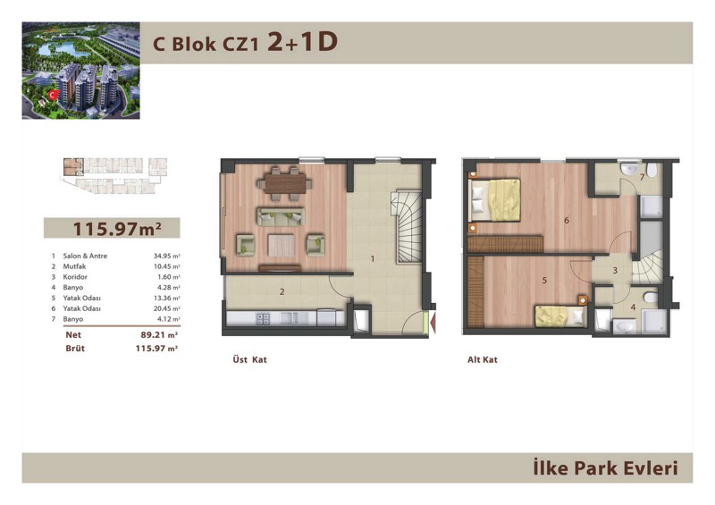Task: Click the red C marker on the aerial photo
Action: [54, 95]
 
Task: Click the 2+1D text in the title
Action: [302, 42]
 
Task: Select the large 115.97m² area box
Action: [112, 228]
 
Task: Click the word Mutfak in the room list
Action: [74, 266]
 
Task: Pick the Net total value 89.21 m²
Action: [159, 335]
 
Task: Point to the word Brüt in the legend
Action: [75, 349]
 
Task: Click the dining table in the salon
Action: [284, 184]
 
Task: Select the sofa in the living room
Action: [280, 216]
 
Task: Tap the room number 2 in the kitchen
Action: [282, 291]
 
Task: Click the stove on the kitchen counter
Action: [264, 318]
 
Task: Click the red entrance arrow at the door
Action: [433, 322]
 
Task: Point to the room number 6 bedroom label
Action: [567, 221]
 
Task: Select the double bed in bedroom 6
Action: [495, 200]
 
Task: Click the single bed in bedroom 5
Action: [560, 316]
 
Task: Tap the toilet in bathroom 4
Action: [651, 298]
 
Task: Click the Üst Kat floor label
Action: [249, 359]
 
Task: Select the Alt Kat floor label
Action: [483, 359]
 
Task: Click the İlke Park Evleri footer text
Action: [606, 468]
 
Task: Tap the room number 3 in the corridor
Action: [615, 271]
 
